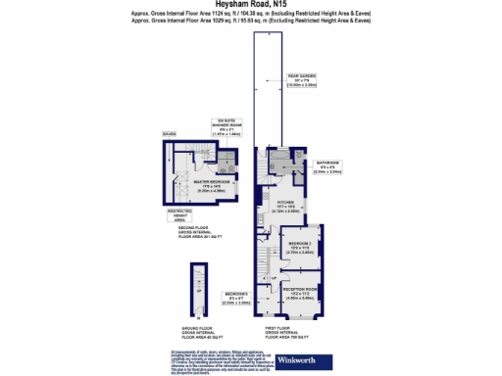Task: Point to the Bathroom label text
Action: (x=326, y=164)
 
